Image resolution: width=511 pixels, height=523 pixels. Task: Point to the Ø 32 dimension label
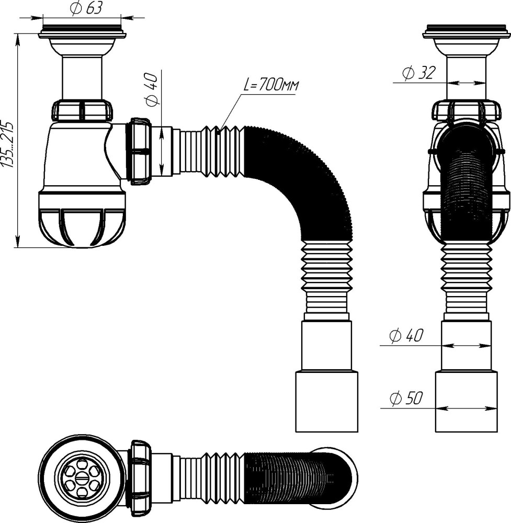(418, 74)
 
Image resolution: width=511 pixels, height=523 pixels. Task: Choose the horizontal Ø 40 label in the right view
(406, 336)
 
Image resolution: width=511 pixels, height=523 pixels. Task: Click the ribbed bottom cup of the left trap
(82, 220)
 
